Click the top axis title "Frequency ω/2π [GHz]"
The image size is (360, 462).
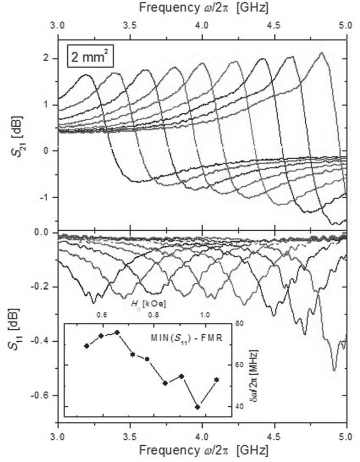tap(203, 8)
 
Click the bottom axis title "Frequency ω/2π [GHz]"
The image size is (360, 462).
tap(203, 450)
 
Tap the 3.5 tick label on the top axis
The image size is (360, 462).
tap(130, 26)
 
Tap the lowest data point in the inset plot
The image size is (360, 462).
tap(198, 407)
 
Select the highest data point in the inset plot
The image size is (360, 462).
tap(117, 332)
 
